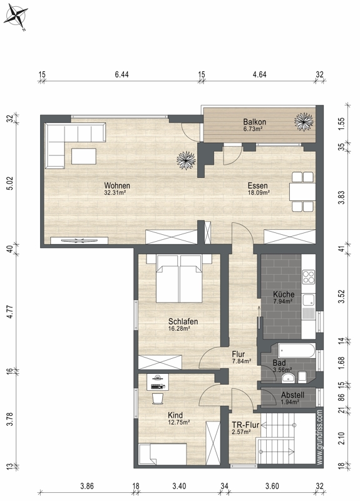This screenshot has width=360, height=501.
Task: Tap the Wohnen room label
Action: click(117, 185)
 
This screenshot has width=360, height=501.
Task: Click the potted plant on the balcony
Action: click(304, 121)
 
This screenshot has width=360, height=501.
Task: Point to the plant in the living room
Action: click(186, 160)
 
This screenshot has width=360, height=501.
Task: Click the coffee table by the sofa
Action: click(84, 156)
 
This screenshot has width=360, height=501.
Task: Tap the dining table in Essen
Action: click(302, 192)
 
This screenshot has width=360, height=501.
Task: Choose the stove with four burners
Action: click(309, 277)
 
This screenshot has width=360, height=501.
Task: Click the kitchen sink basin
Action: click(309, 301)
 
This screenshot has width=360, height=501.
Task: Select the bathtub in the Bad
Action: click(297, 351)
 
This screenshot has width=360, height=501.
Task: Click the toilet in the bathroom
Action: click(302, 377)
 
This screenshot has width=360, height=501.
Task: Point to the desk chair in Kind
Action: click(158, 398)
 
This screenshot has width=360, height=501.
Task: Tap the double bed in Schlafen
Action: click(179, 278)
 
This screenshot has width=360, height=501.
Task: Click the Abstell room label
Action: click(292, 395)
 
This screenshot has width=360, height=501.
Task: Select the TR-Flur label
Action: click(245, 425)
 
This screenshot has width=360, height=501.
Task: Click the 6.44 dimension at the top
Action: click(121, 75)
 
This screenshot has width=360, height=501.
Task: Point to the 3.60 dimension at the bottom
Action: click(272, 487)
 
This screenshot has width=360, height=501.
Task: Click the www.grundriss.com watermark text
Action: click(320, 437)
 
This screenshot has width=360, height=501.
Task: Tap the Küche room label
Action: click(284, 294)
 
